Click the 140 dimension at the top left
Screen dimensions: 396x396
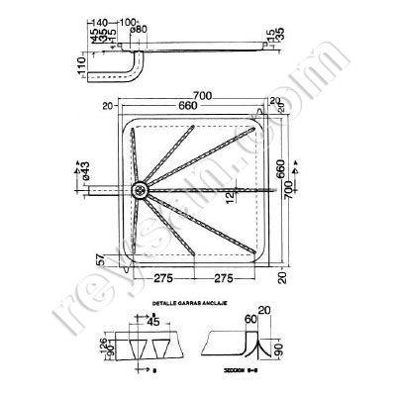pyautogui.click(x=94, y=22)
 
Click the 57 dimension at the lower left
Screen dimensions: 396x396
pyautogui.click(x=101, y=259)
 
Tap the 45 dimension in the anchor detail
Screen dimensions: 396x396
pyautogui.click(x=154, y=321)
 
